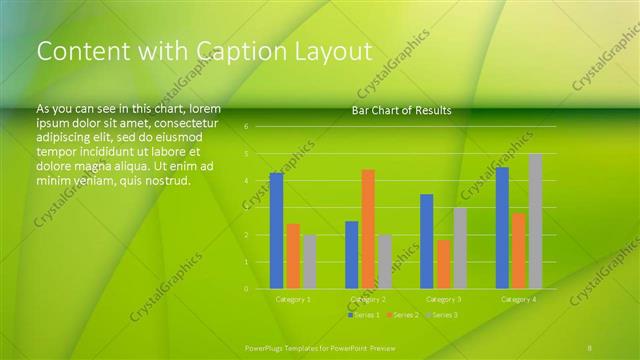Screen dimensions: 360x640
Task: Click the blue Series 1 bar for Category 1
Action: pyautogui.click(x=276, y=231)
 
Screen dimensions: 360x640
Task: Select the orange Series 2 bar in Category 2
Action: pyautogui.click(x=368, y=229)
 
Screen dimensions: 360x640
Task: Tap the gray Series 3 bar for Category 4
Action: pyautogui.click(x=535, y=221)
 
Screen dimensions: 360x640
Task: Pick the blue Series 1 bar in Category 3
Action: pyautogui.click(x=426, y=241)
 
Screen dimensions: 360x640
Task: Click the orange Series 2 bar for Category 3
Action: pyautogui.click(x=443, y=264)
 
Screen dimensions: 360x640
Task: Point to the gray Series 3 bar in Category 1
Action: pyautogui.click(x=309, y=262)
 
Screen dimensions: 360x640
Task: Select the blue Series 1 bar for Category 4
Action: pyautogui.click(x=502, y=228)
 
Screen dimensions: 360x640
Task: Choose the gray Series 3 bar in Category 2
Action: pyautogui.click(x=385, y=262)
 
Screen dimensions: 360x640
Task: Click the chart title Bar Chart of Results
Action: pyautogui.click(x=401, y=110)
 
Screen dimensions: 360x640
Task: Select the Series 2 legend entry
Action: pyautogui.click(x=401, y=315)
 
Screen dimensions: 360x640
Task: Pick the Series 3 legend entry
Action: pyautogui.click(x=440, y=315)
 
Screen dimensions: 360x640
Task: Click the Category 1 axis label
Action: pyautogui.click(x=293, y=299)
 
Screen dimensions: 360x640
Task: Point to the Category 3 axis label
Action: pyautogui.click(x=443, y=299)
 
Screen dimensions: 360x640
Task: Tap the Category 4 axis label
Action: pyautogui.click(x=518, y=299)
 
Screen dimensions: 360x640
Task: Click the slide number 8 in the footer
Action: pyautogui.click(x=590, y=347)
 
